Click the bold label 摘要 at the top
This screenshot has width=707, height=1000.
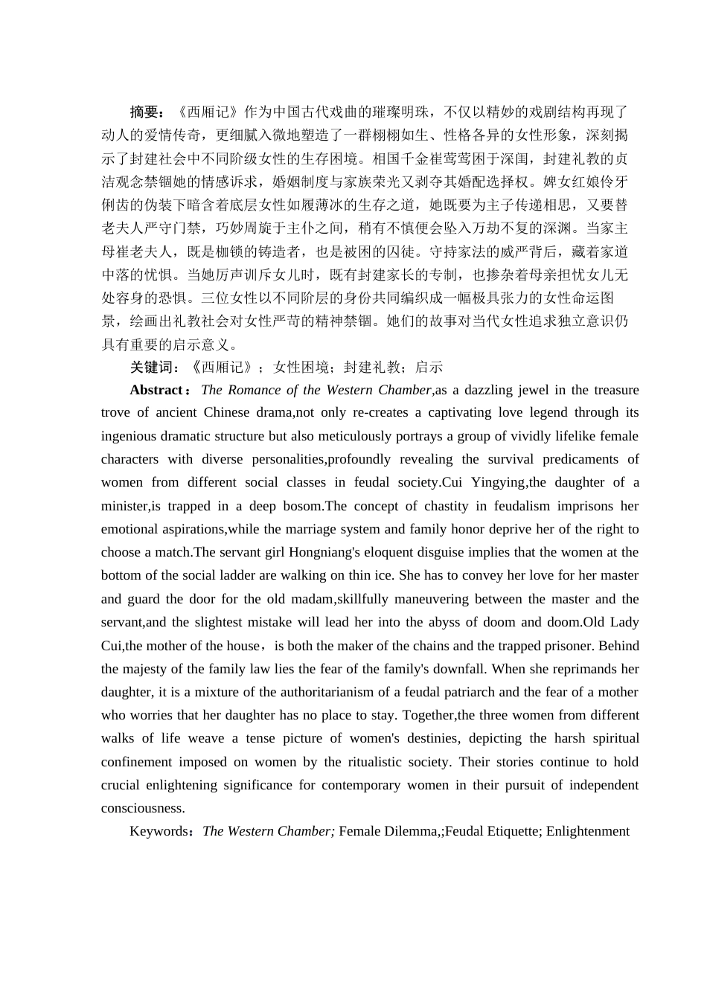click(x=144, y=112)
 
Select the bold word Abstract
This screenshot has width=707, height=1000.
click(x=156, y=390)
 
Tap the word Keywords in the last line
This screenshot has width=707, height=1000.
click(x=159, y=831)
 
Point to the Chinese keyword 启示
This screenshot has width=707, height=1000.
click(x=429, y=367)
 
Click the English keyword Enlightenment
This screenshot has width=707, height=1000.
click(x=588, y=831)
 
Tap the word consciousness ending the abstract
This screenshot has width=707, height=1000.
click(x=143, y=808)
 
